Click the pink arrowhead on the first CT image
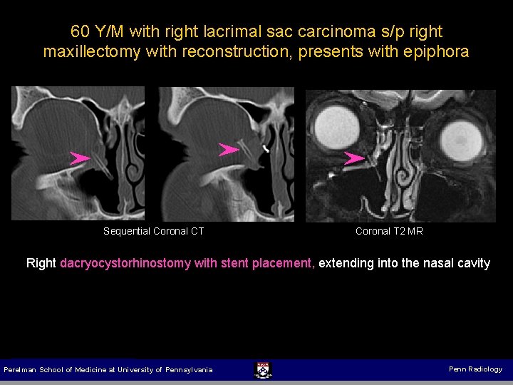click(80, 158)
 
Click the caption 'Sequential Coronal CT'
click(154, 231)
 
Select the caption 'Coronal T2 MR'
click(389, 231)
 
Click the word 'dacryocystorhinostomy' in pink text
click(125, 263)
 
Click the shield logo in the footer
click(262, 369)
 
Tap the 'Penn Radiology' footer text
click(475, 369)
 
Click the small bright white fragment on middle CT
click(265, 149)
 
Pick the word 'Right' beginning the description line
click(41, 263)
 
